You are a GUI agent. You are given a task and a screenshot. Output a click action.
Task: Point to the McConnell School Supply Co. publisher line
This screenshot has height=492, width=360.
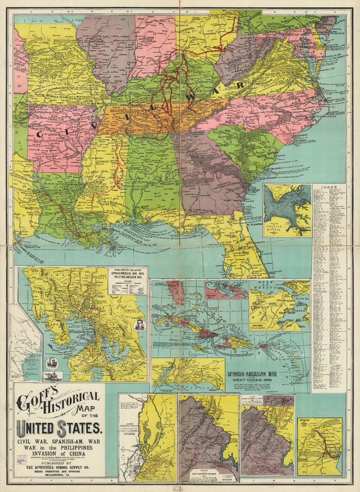[59, 468]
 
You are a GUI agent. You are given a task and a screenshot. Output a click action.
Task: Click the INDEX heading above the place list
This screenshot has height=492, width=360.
[329, 187]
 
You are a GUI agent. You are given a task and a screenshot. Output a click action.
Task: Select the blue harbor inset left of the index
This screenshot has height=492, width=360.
[287, 210]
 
